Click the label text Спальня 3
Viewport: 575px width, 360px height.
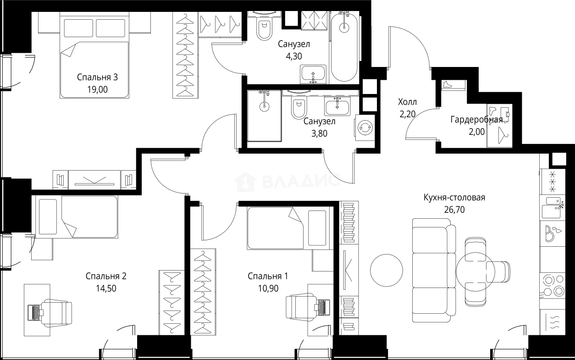[x=97, y=77]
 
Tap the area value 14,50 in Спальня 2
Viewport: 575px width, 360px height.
[x=105, y=288]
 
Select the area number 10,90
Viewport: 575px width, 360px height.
[x=268, y=288]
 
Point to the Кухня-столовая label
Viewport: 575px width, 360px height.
[x=454, y=198]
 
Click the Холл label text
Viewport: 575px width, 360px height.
[x=408, y=101]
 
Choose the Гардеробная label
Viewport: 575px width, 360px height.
[x=476, y=120]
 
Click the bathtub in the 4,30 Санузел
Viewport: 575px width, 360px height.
[x=344, y=46]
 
